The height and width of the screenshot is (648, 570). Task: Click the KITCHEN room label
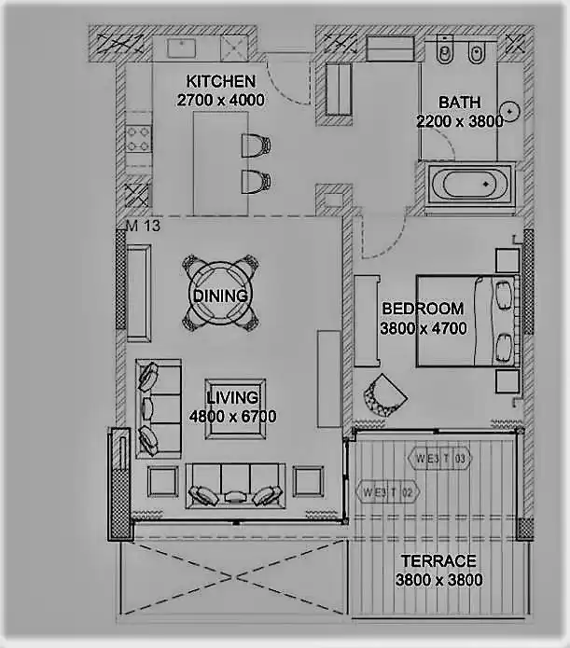(221, 81)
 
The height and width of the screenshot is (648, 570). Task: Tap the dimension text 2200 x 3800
(460, 121)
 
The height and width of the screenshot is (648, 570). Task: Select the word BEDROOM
(423, 309)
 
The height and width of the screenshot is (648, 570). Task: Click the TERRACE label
(438, 560)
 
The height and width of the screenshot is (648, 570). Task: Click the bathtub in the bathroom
(469, 184)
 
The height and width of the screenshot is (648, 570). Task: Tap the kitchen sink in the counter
(181, 48)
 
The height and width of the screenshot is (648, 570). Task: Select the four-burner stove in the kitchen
(138, 139)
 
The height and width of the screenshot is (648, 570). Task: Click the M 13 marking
(143, 226)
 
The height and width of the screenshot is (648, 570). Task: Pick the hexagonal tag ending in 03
(439, 458)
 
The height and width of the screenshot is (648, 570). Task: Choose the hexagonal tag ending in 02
(387, 492)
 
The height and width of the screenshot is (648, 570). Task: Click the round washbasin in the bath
(509, 112)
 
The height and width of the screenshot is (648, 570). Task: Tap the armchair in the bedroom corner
(384, 395)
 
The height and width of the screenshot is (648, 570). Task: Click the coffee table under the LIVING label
(235, 408)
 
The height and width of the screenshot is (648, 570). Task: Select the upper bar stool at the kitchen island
(256, 145)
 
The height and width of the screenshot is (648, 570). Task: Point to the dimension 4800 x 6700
(233, 416)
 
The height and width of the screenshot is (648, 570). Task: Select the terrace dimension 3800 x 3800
(438, 580)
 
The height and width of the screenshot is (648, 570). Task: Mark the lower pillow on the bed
(503, 347)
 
